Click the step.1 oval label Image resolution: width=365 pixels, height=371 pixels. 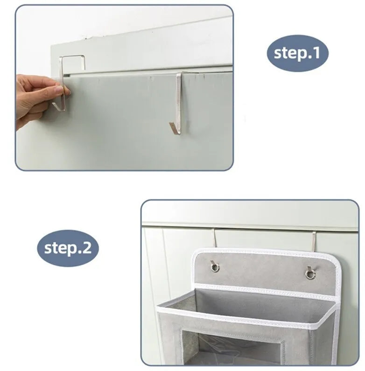[x=297, y=53]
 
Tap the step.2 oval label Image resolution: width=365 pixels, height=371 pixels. [x=68, y=248]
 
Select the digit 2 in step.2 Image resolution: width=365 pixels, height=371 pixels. [x=87, y=248]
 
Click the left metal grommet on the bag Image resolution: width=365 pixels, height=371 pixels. [x=215, y=267]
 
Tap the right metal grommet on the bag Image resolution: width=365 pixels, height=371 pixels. [x=310, y=274]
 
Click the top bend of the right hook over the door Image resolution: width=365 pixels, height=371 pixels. [x=180, y=74]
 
